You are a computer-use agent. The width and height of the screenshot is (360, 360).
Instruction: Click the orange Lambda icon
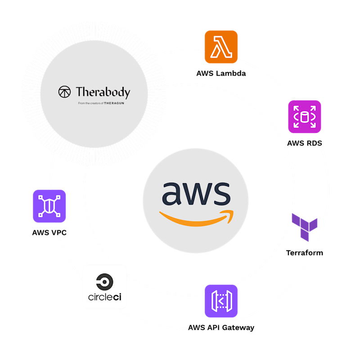[221, 47]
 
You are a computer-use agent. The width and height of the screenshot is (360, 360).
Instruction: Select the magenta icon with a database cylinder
[305, 117]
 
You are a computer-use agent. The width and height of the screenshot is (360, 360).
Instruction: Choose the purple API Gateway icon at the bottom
[221, 301]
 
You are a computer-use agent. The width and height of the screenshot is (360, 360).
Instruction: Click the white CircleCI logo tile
[105, 287]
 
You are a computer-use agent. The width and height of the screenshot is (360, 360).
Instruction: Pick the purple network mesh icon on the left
[49, 206]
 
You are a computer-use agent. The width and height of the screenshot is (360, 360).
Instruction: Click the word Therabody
[103, 93]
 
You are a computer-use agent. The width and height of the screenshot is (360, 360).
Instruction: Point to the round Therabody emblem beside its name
[64, 92]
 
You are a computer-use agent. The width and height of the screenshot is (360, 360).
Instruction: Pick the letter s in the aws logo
[221, 193]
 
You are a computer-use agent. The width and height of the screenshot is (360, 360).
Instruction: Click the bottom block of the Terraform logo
[305, 236]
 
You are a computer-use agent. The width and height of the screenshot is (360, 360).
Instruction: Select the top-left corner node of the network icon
[40, 197]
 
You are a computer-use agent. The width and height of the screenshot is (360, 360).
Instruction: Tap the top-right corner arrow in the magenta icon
[313, 108]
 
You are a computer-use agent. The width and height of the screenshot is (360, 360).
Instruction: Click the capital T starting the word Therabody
[80, 92]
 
